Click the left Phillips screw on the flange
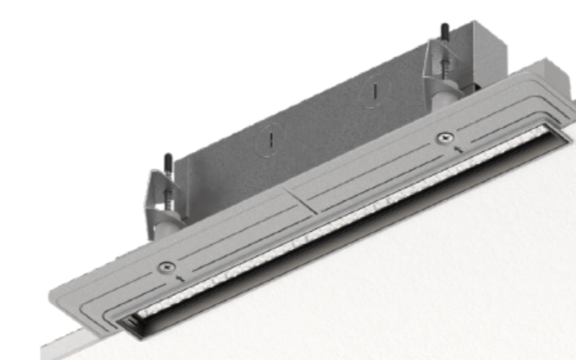pyautogui.click(x=167, y=267)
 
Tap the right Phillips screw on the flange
pyautogui.click(x=444, y=137)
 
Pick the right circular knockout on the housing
pyautogui.click(x=374, y=93)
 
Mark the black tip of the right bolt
pyautogui.click(x=445, y=30)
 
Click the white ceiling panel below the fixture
pyautogui.click(x=432, y=288)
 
